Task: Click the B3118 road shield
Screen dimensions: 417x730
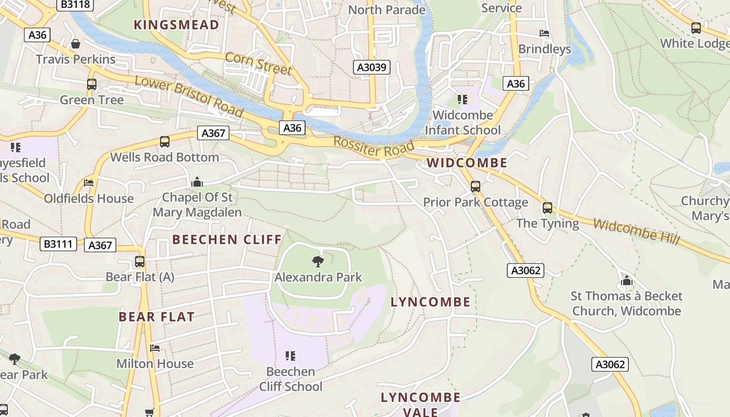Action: [x=76, y=5]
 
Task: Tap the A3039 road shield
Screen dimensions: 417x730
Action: [x=372, y=67]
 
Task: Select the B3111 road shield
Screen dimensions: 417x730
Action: [x=59, y=243]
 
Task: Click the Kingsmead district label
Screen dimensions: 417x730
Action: [x=176, y=25]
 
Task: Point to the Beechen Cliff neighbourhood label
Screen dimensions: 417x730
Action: [x=227, y=240]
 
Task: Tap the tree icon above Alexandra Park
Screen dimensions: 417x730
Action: [x=318, y=261]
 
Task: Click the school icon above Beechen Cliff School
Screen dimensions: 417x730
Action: [x=290, y=356]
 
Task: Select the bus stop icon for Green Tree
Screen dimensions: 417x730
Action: [x=92, y=84]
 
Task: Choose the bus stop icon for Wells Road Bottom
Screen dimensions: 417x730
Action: [x=165, y=142]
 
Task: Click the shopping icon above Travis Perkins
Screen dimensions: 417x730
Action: [x=76, y=44]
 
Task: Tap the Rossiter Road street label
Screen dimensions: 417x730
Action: [x=373, y=146]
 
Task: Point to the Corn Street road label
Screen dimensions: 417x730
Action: [x=258, y=64]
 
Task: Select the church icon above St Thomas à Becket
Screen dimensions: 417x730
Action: [x=626, y=281]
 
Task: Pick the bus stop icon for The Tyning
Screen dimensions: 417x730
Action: [x=547, y=208]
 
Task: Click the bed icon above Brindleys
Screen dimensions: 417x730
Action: [x=544, y=33]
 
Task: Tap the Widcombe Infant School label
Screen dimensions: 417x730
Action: [x=463, y=122]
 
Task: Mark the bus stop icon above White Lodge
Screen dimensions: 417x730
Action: [x=696, y=28]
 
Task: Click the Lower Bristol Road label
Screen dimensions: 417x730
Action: [x=189, y=96]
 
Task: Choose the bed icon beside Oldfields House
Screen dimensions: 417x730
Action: [x=89, y=183]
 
